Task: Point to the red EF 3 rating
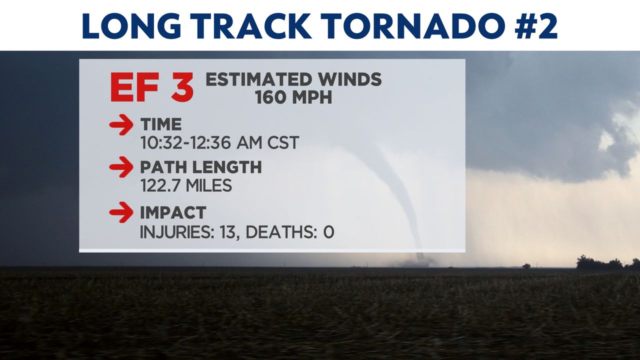pyautogui.click(x=151, y=87)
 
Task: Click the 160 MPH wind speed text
pyautogui.click(x=293, y=97)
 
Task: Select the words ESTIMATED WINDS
pyautogui.click(x=293, y=79)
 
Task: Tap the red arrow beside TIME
pyautogui.click(x=121, y=125)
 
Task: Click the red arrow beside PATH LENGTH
pyautogui.click(x=121, y=167)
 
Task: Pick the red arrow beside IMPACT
pyautogui.click(x=121, y=212)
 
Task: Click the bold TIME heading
pyautogui.click(x=161, y=124)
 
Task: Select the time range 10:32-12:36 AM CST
pyautogui.click(x=219, y=142)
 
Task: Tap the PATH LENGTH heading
pyautogui.click(x=201, y=167)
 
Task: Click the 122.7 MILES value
pyautogui.click(x=186, y=185)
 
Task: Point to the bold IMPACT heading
pyautogui.click(x=173, y=212)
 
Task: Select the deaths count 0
pyautogui.click(x=328, y=232)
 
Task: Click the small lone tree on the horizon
pyautogui.click(x=526, y=266)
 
